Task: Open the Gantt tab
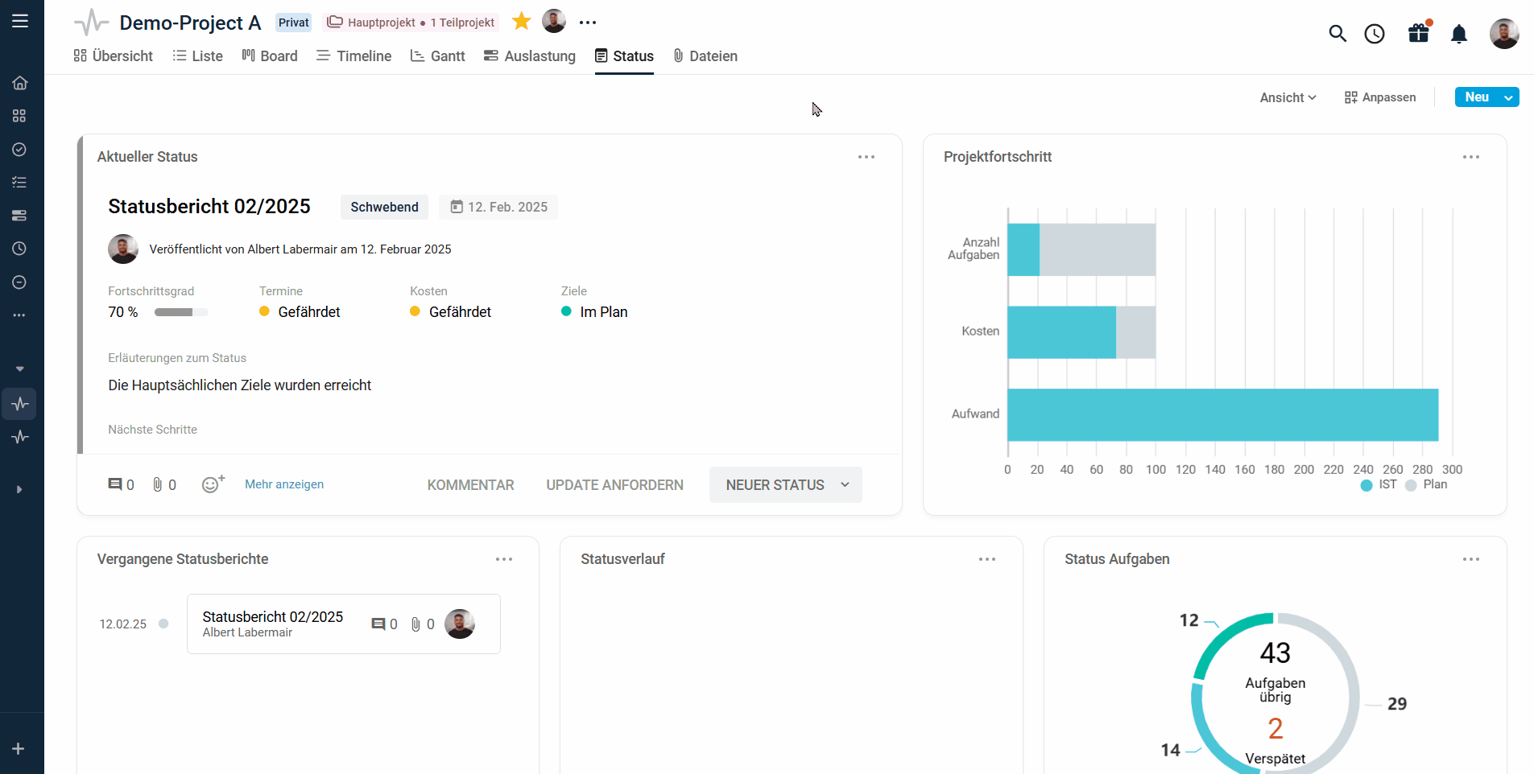(438, 56)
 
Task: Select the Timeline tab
(354, 56)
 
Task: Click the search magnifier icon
(1338, 34)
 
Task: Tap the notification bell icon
(1459, 34)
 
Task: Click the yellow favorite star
(522, 22)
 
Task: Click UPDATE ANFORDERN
(614, 485)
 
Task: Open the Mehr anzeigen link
(284, 484)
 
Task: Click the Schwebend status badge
(384, 207)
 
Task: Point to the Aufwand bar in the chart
(1222, 415)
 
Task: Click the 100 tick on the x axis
(1156, 469)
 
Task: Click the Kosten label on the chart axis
(980, 331)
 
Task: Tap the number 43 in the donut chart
(1276, 653)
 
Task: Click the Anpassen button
(1380, 97)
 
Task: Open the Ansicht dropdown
(1288, 97)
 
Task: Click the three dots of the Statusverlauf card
(987, 559)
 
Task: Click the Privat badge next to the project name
(293, 23)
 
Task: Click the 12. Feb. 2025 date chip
(498, 207)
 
